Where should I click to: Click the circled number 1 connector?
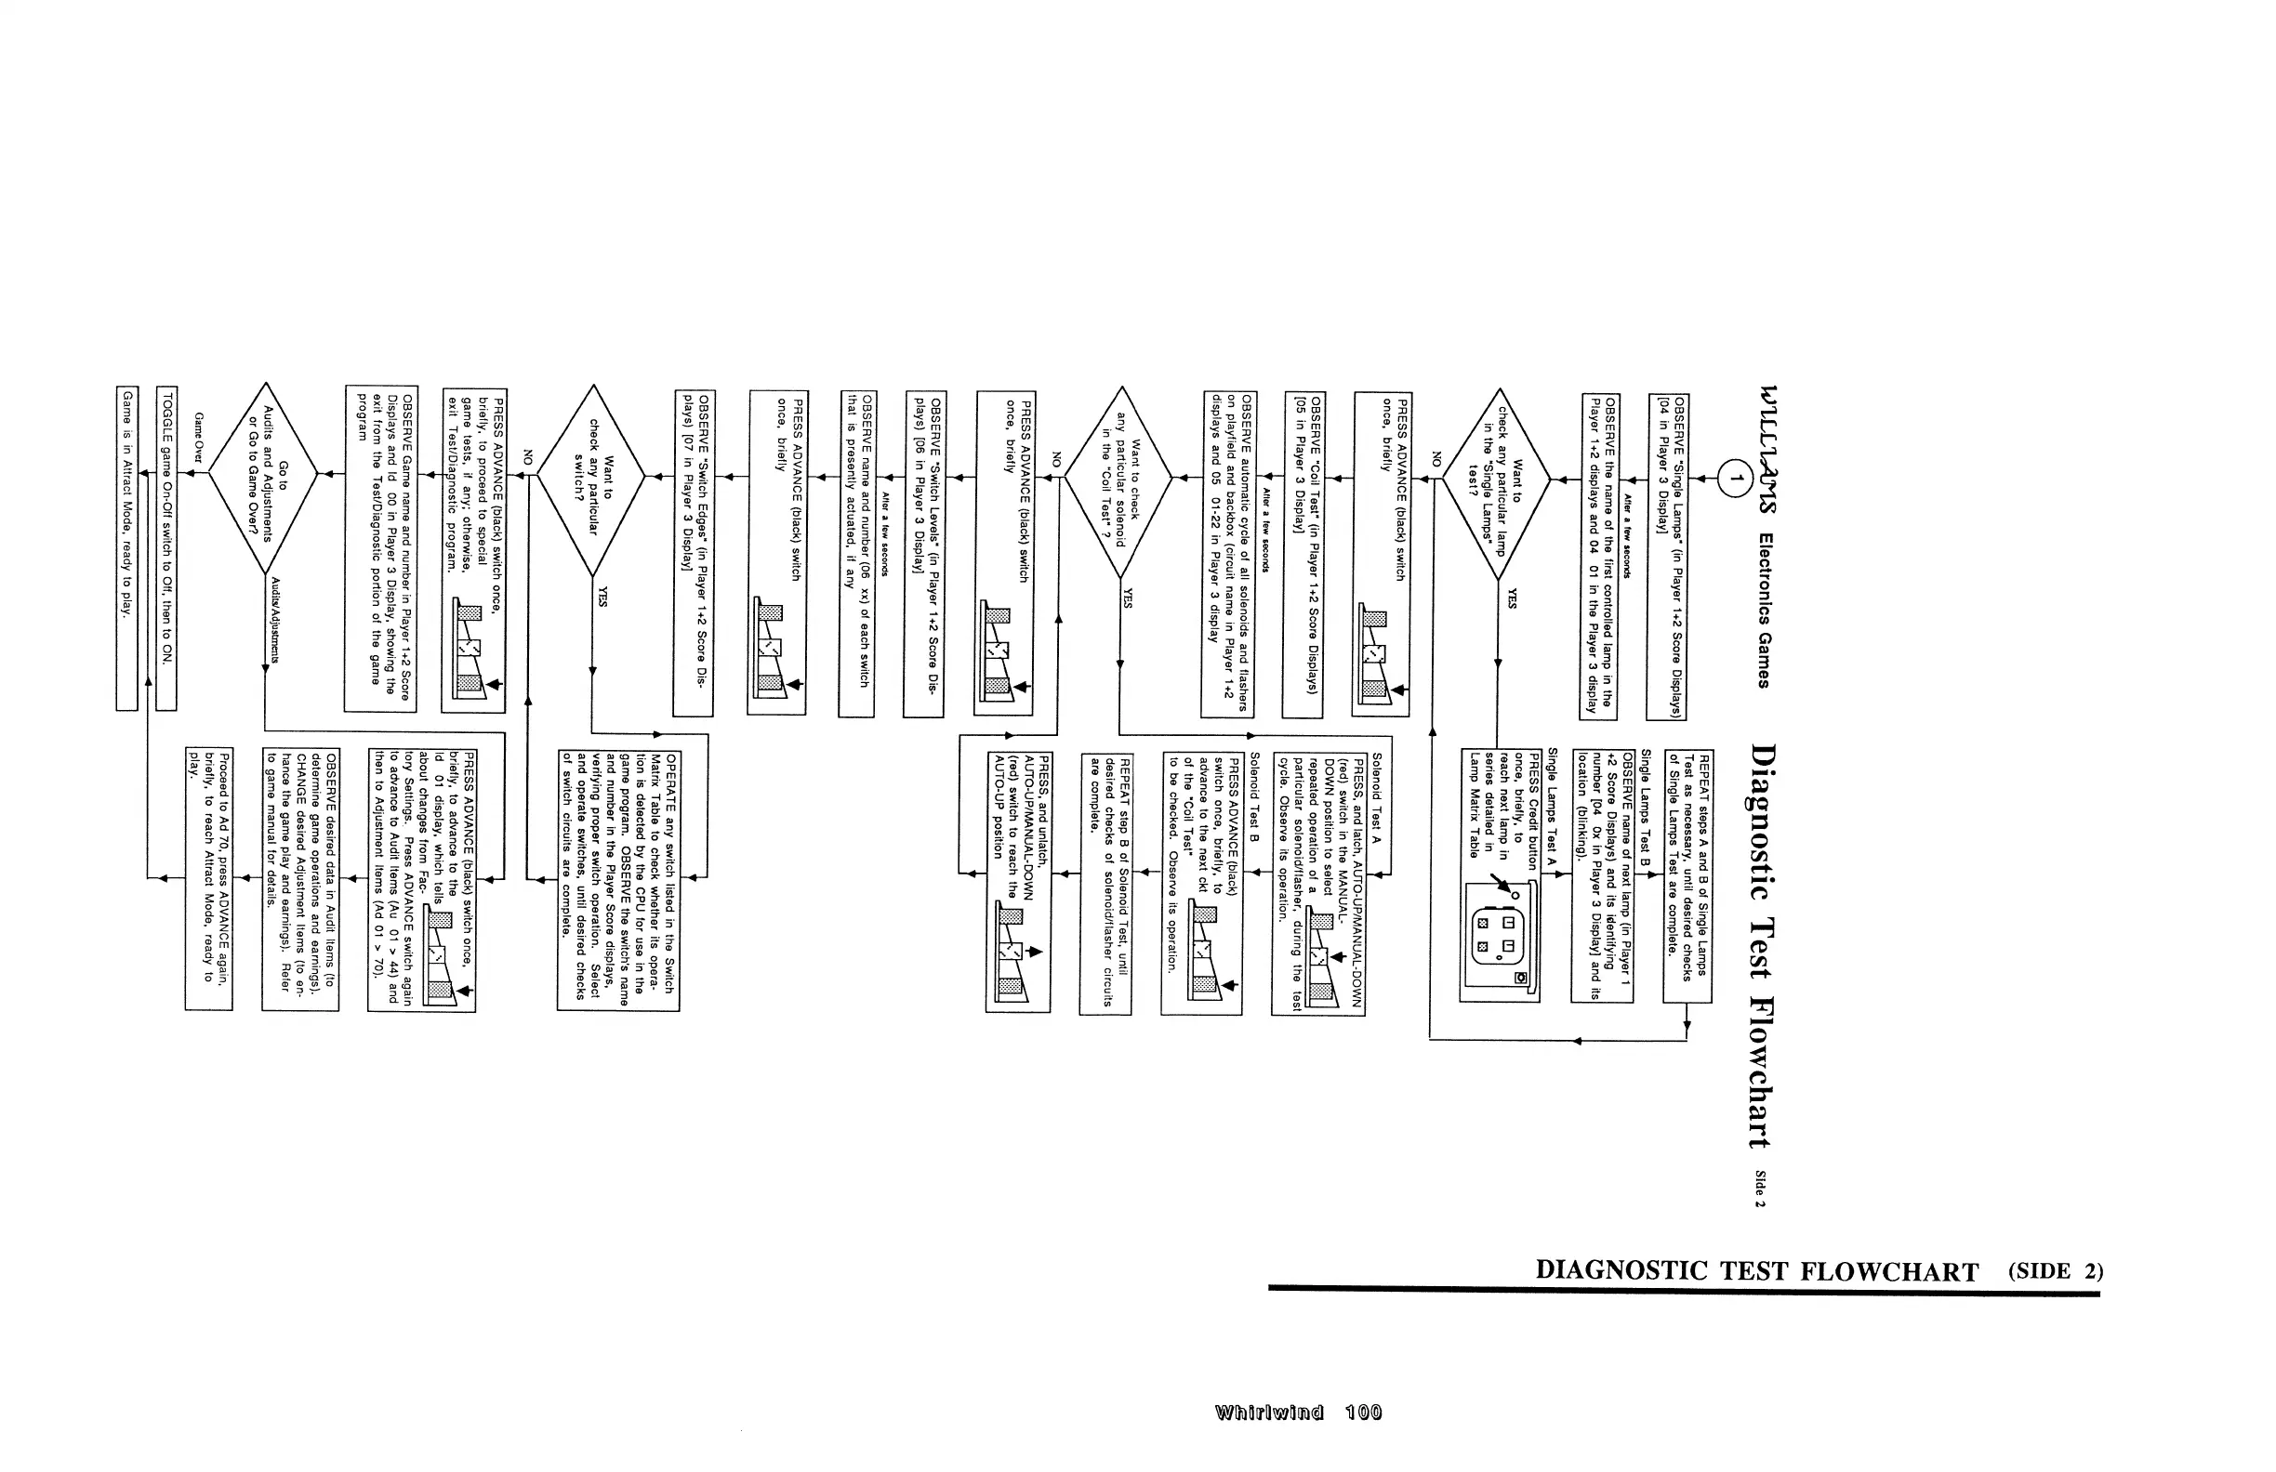point(1733,478)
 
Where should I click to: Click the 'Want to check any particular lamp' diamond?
point(1498,484)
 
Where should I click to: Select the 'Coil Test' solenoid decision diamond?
point(1118,481)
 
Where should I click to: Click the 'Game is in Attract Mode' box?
point(127,547)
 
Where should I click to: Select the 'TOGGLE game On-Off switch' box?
point(166,547)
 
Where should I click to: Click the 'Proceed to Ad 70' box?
point(208,879)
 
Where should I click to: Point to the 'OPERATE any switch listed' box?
point(618,879)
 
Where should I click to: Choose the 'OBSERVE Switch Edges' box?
point(694,553)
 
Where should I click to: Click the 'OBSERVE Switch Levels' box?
point(924,553)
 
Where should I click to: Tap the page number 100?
point(1363,1413)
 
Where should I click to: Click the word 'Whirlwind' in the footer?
point(1269,1413)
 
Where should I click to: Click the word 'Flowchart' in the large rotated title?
point(1762,1071)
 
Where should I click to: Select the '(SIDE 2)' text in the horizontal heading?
point(2055,1271)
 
